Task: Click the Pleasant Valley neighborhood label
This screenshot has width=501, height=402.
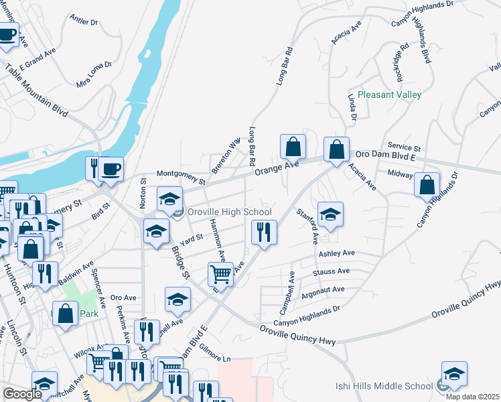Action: click(x=389, y=94)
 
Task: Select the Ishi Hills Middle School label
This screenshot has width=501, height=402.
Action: click(x=384, y=386)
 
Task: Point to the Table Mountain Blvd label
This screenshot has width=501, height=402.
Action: click(x=36, y=90)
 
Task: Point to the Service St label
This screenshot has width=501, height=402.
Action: click(x=404, y=147)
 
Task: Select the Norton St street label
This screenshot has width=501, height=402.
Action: click(x=143, y=192)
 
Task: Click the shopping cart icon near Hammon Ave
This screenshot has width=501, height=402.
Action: click(x=220, y=273)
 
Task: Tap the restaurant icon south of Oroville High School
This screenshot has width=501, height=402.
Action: click(x=264, y=232)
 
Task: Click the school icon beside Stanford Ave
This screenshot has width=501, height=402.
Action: click(x=330, y=214)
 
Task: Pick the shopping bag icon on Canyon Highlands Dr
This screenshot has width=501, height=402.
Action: click(x=427, y=184)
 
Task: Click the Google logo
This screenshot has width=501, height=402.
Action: click(x=22, y=395)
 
